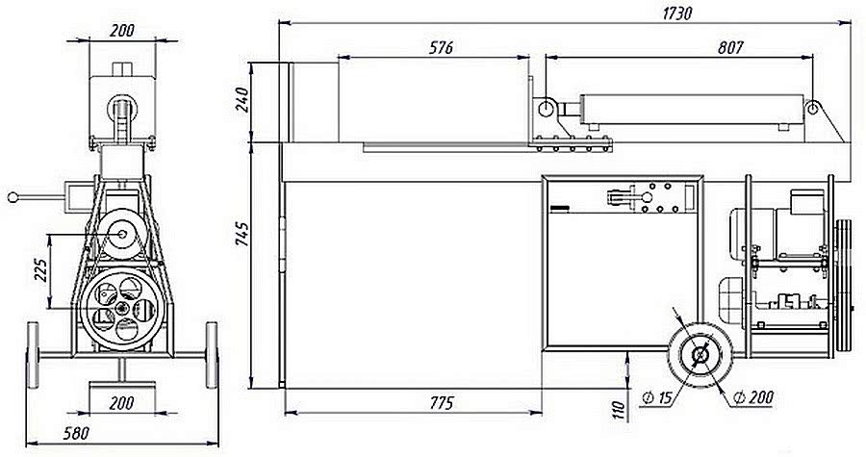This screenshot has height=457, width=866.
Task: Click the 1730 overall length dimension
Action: pyautogui.click(x=676, y=13)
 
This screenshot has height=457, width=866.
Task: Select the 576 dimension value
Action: pyautogui.click(x=441, y=47)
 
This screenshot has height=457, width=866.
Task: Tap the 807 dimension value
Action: pyautogui.click(x=730, y=47)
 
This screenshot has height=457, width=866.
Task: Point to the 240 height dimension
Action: pyautogui.click(x=243, y=99)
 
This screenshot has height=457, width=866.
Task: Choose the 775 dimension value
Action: pyautogui.click(x=442, y=403)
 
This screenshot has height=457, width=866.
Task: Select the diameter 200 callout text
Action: pyautogui.click(x=753, y=396)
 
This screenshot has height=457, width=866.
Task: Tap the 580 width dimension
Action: pyautogui.click(x=76, y=433)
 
